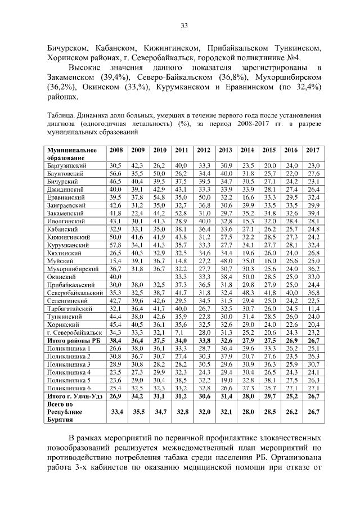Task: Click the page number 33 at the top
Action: (183, 25)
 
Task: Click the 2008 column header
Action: (116, 150)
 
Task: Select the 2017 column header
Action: (313, 150)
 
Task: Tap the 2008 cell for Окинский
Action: (115, 277)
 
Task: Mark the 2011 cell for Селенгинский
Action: (181, 301)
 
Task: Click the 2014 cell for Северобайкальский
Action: (247, 293)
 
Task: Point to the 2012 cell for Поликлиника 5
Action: (204, 380)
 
